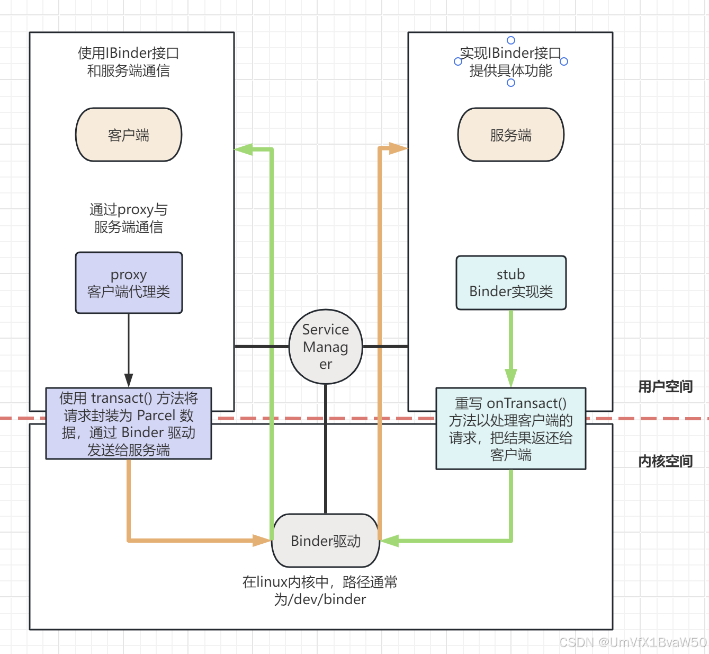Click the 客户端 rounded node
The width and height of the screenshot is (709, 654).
tap(129, 135)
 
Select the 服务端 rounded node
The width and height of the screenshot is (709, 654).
tap(510, 135)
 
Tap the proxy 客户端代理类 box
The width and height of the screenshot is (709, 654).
tap(129, 283)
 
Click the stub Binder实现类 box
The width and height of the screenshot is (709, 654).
tap(511, 283)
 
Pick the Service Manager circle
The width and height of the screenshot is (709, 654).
tap(326, 347)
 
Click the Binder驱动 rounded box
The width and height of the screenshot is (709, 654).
tap(326, 541)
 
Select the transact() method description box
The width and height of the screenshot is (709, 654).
tap(129, 423)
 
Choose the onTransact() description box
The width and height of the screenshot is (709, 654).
tap(510, 429)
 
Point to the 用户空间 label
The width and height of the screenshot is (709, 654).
tap(665, 386)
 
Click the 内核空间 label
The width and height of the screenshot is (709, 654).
tap(665, 461)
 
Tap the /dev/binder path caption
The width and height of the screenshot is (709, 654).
tap(320, 590)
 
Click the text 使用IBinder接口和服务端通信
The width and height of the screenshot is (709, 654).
tap(129, 61)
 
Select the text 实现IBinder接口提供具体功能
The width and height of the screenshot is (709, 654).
tap(510, 61)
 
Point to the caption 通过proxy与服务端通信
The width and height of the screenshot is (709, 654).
tap(129, 218)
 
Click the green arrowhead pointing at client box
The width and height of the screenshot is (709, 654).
tap(243, 149)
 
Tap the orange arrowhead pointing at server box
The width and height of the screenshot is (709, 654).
tap(398, 148)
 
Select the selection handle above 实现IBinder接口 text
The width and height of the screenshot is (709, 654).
tap(511, 40)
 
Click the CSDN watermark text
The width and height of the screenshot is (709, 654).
tap(633, 642)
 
